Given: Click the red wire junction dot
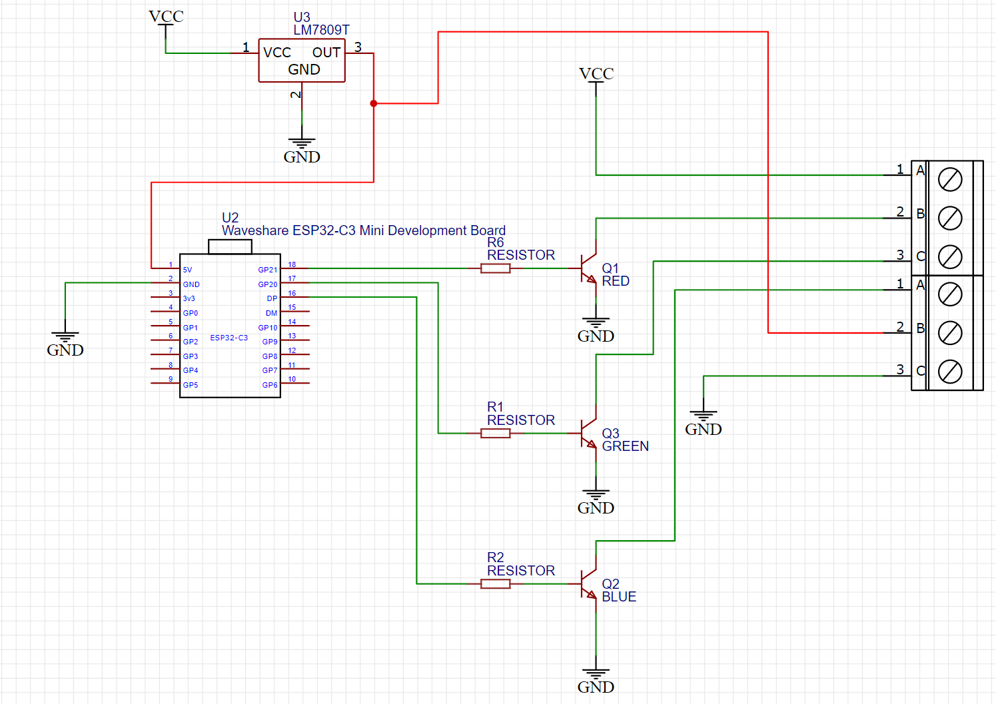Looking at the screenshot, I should pyautogui.click(x=374, y=103).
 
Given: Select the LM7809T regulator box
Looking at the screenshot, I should pyautogui.click(x=302, y=61).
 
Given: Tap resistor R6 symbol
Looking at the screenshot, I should pyautogui.click(x=496, y=268).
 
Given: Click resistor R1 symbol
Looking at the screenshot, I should pyautogui.click(x=496, y=434).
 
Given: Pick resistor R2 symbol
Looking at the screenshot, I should pyautogui.click(x=496, y=584).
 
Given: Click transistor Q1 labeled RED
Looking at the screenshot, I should pyautogui.click(x=588, y=268).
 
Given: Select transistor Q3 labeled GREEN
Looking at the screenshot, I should pyautogui.click(x=588, y=434).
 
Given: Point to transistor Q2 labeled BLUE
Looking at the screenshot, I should pyautogui.click(x=588, y=584).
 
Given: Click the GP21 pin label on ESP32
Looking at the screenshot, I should pyautogui.click(x=267, y=270).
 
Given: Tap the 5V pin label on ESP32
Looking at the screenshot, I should pyautogui.click(x=187, y=270).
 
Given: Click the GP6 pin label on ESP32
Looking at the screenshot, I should pyautogui.click(x=269, y=385).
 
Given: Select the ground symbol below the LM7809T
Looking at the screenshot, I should pyautogui.click(x=302, y=143).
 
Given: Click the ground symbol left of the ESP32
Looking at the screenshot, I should pyautogui.click(x=65, y=337).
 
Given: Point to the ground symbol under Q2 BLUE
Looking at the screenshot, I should pyautogui.click(x=596, y=674).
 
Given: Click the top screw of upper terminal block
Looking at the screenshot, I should pyautogui.click(x=950, y=179).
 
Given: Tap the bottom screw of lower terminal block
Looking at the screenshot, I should pyautogui.click(x=950, y=372).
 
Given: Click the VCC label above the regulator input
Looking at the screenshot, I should pyautogui.click(x=166, y=17).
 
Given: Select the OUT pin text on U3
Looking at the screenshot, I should pyautogui.click(x=326, y=53).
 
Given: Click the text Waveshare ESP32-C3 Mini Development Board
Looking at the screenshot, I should pyautogui.click(x=363, y=230).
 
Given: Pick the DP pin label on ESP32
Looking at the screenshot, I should pyautogui.click(x=272, y=298).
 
